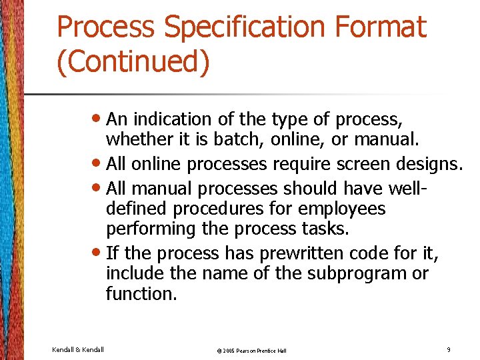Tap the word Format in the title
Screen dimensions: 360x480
pos(381,28)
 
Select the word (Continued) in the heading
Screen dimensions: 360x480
pos(133,61)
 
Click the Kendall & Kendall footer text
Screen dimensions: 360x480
pos(77,349)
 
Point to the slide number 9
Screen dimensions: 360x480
pos(449,349)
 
